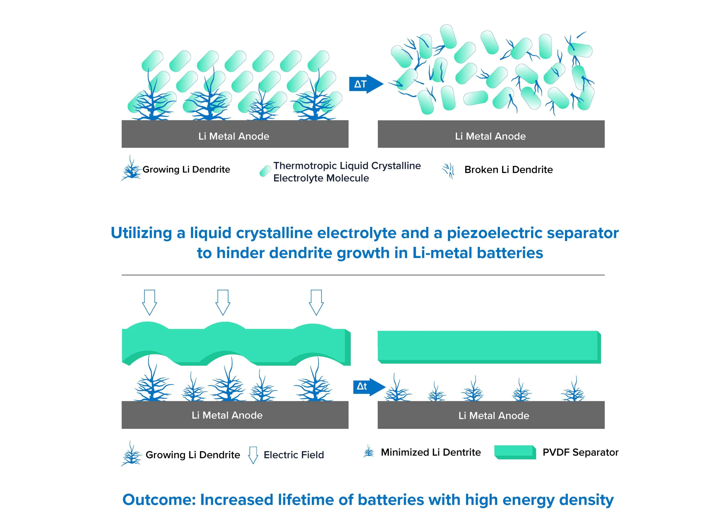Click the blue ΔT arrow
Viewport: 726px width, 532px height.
(366, 84)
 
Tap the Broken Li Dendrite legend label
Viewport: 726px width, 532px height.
(508, 169)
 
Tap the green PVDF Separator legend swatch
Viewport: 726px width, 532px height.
(515, 452)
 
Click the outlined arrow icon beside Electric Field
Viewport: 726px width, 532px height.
(253, 455)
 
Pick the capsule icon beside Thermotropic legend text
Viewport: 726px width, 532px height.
(265, 171)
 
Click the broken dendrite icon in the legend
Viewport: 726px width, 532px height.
(448, 171)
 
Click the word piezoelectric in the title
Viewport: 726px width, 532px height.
(495, 233)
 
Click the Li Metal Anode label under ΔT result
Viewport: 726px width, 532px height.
(490, 136)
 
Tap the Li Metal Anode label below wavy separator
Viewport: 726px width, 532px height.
(227, 415)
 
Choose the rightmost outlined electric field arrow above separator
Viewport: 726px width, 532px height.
(316, 302)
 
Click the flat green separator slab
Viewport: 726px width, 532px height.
(489, 347)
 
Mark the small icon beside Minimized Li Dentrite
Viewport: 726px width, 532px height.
(369, 451)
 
